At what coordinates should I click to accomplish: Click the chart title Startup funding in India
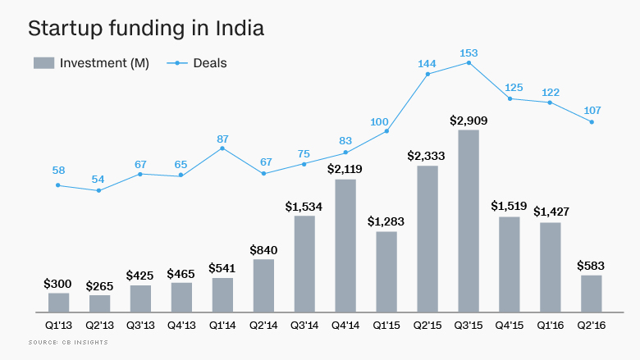pyautogui.click(x=146, y=28)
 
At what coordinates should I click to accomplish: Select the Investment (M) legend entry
pyautogui.click(x=91, y=62)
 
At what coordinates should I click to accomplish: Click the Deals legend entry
pyautogui.click(x=198, y=62)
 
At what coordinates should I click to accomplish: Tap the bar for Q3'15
pyautogui.click(x=469, y=221)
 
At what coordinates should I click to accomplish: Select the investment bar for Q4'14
pyautogui.click(x=345, y=246)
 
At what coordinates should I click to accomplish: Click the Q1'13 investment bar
pyautogui.click(x=58, y=303)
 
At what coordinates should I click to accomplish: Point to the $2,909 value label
pyautogui.click(x=469, y=120)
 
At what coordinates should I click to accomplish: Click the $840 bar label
pyautogui.click(x=263, y=249)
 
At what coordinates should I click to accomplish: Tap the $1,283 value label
pyautogui.click(x=386, y=221)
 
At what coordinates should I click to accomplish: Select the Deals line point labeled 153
pyautogui.click(x=469, y=62)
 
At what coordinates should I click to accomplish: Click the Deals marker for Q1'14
pyautogui.click(x=222, y=148)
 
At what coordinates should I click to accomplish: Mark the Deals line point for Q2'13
pyautogui.click(x=99, y=190)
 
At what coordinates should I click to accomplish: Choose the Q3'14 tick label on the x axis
pyautogui.click(x=304, y=325)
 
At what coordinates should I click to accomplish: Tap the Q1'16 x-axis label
pyautogui.click(x=550, y=325)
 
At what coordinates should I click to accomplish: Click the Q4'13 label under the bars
pyautogui.click(x=181, y=325)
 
